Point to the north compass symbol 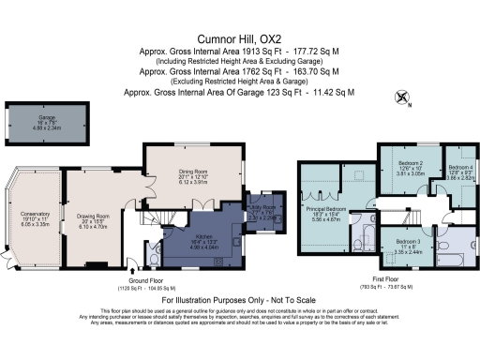(403, 97)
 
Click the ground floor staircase (165, 220)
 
